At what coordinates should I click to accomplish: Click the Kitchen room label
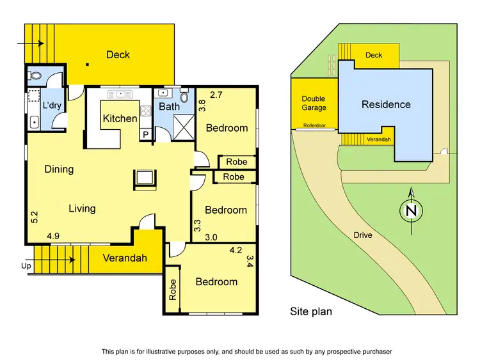click(x=120, y=118)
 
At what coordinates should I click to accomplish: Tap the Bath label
click(x=169, y=107)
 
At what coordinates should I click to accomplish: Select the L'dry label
click(x=51, y=106)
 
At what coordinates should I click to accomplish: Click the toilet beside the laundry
click(x=36, y=75)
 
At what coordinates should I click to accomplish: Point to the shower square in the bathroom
click(x=182, y=129)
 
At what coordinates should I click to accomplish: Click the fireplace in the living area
click(x=144, y=179)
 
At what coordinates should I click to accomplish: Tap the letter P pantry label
click(x=145, y=134)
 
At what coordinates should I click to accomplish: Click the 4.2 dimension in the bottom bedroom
click(x=236, y=251)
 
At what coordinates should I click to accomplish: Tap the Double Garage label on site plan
click(x=314, y=104)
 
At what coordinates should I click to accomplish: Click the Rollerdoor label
click(x=314, y=126)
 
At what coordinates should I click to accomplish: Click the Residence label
click(x=386, y=104)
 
